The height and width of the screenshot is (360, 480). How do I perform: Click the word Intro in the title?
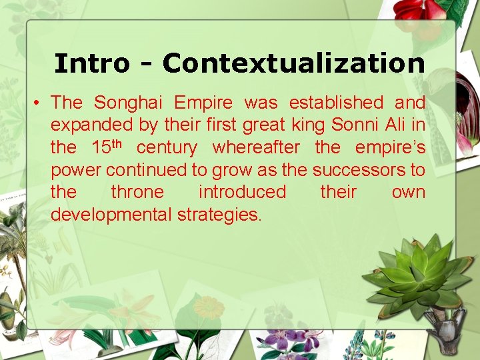[91, 63]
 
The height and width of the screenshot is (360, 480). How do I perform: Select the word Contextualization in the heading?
[293, 63]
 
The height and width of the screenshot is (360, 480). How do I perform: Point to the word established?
[336, 103]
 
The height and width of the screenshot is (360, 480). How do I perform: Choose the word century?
[167, 147]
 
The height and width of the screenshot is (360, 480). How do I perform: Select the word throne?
[137, 192]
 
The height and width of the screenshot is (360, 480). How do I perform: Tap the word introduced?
[242, 192]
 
